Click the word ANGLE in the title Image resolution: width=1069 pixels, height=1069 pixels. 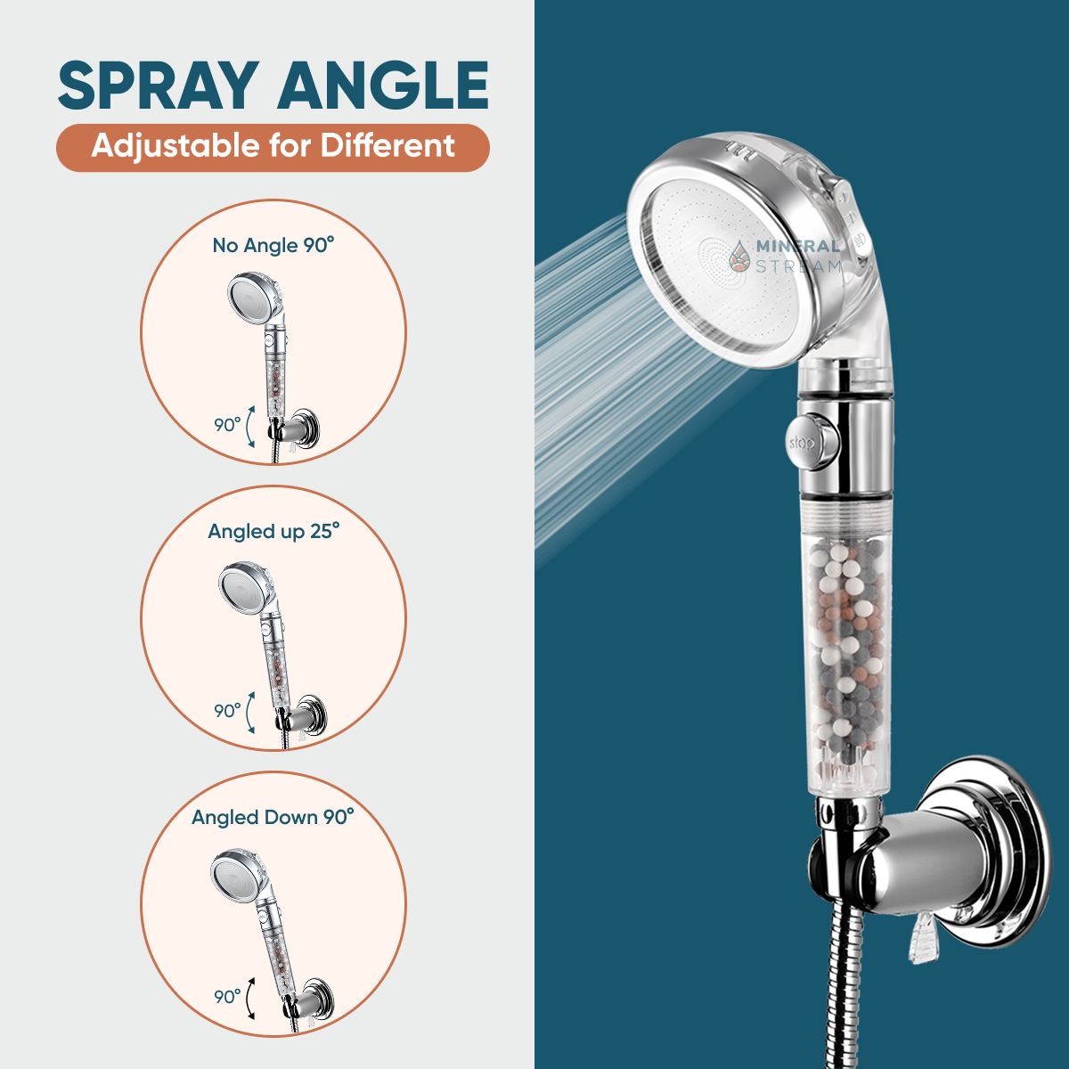tap(383, 86)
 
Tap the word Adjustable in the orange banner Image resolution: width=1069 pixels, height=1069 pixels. tap(175, 147)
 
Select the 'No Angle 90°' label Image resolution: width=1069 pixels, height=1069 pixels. tap(273, 245)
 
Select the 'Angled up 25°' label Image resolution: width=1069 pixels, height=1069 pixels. tap(273, 532)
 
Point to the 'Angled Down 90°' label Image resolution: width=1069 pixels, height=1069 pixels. tap(273, 817)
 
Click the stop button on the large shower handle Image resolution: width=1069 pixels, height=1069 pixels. tap(811, 442)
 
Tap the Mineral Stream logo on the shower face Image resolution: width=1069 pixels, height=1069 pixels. tap(786, 257)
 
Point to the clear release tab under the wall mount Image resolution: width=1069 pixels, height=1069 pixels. tap(923, 940)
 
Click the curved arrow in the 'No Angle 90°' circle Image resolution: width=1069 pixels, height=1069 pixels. tap(249, 427)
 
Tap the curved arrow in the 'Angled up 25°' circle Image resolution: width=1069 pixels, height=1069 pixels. tap(249, 713)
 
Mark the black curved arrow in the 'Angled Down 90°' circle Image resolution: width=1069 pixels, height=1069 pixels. tap(249, 998)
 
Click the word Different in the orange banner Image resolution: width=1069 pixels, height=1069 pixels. tap(388, 145)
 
